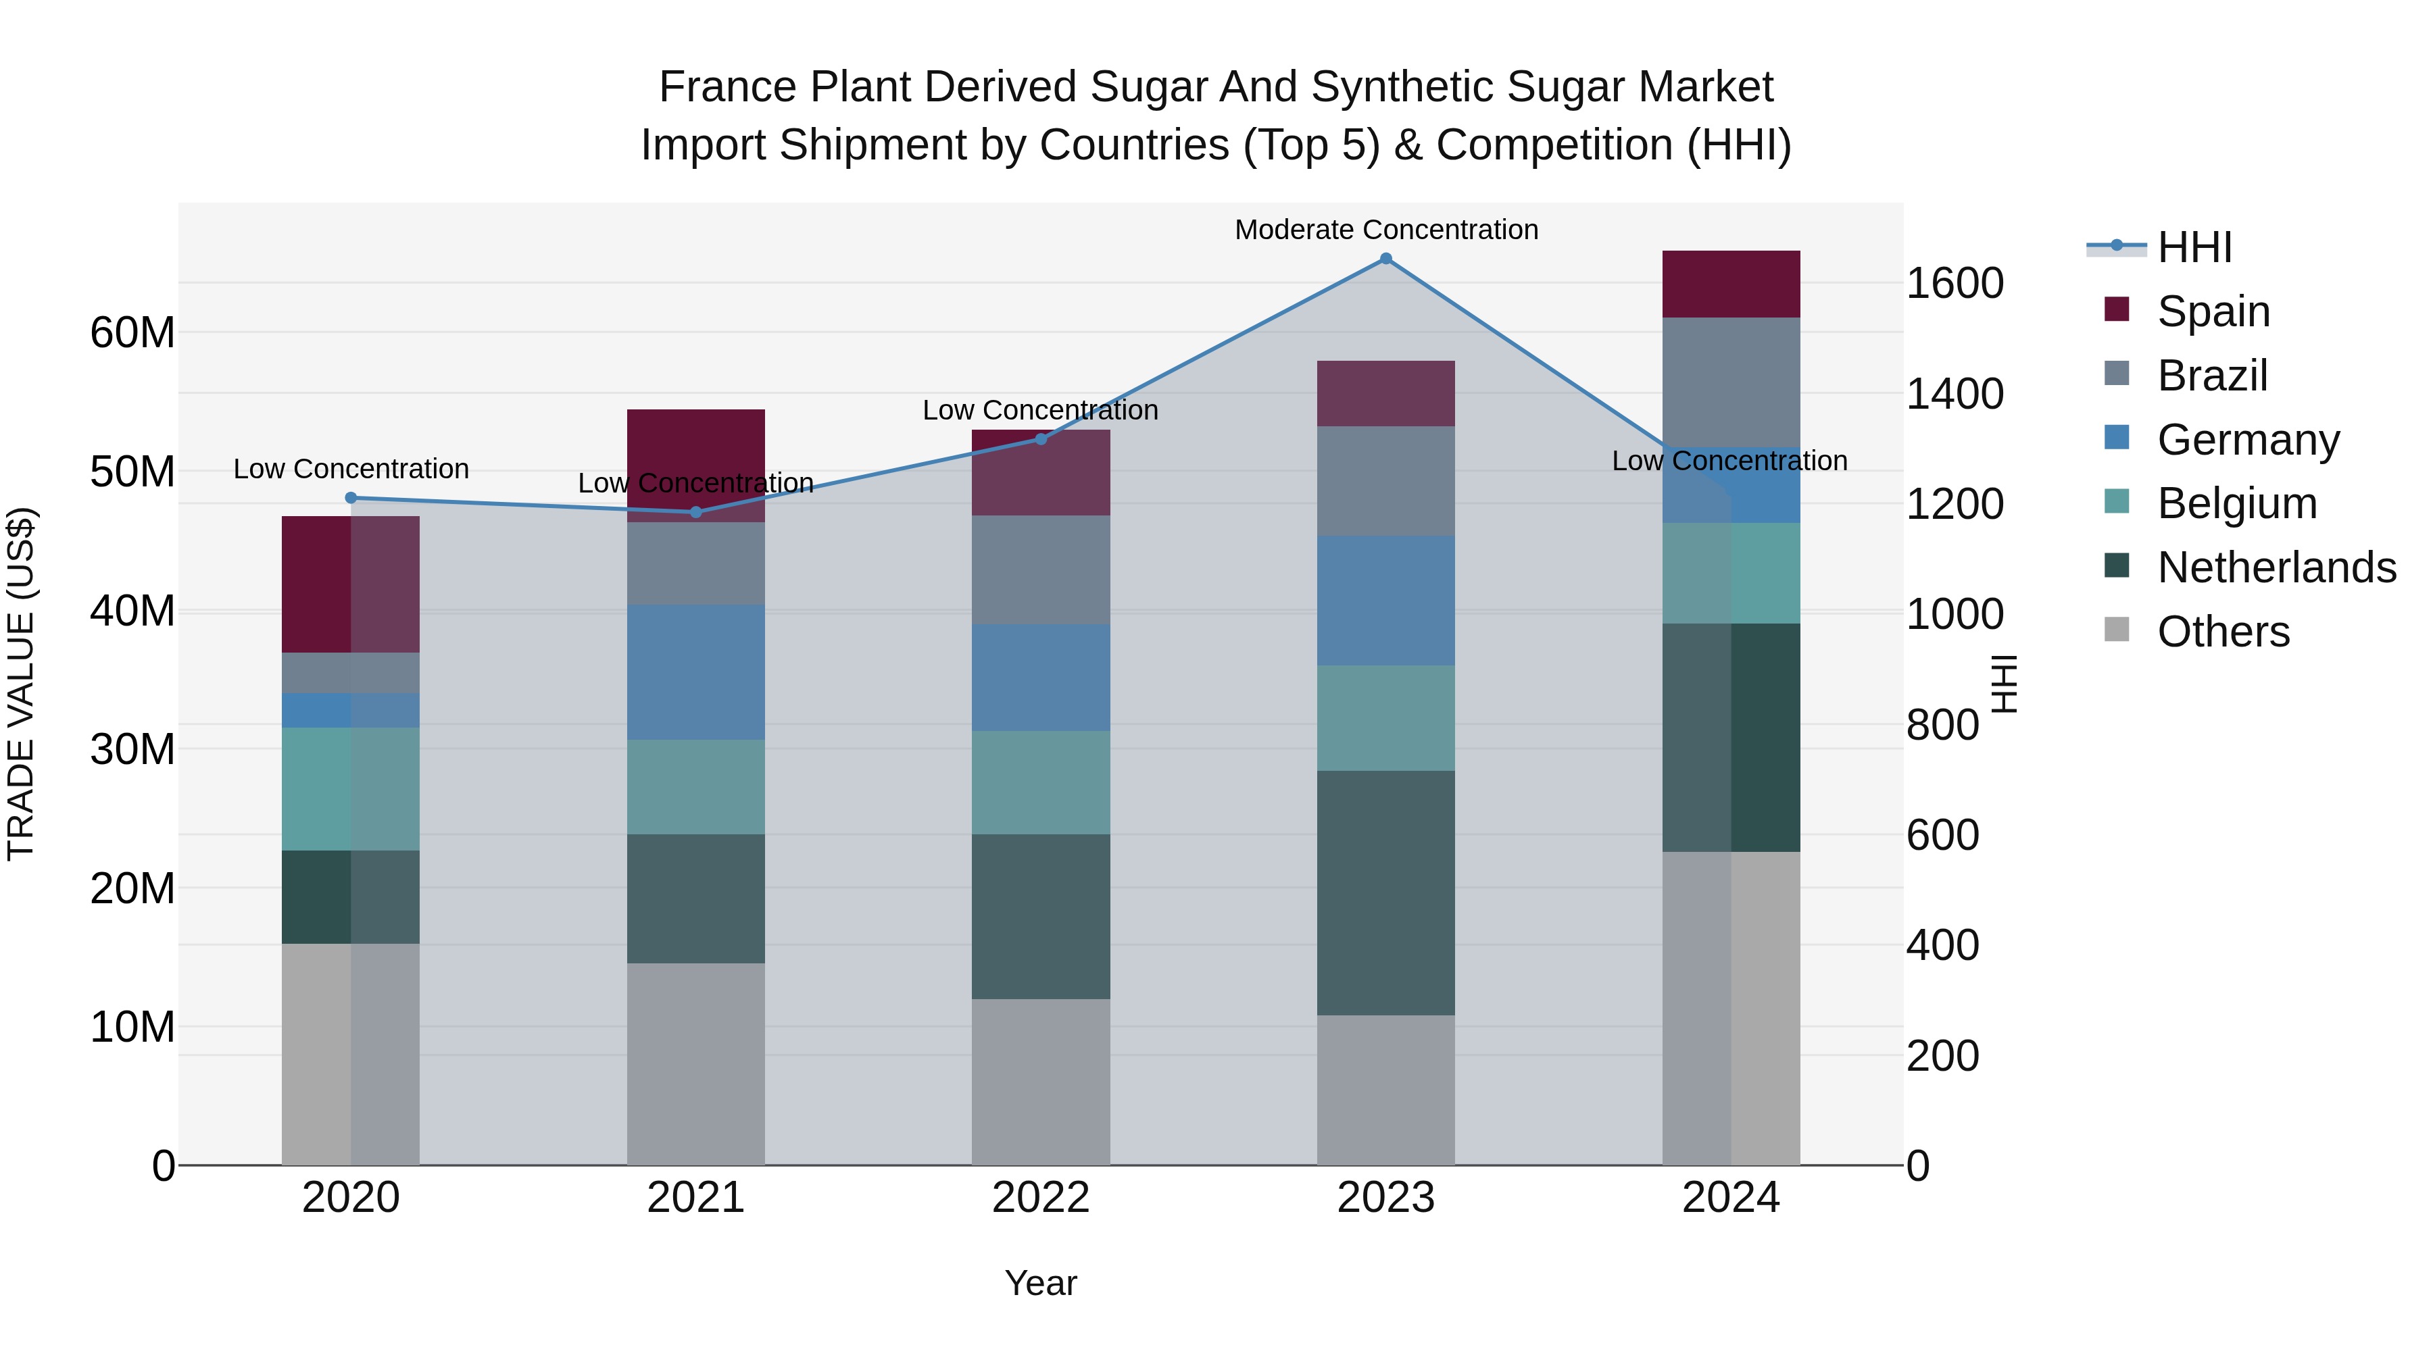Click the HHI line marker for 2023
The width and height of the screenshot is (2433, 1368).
1385,259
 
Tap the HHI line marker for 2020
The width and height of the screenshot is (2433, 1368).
350,497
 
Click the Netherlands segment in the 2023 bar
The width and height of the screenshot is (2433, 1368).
1385,892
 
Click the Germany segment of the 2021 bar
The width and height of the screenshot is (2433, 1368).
696,672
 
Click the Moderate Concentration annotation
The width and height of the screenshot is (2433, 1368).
1385,230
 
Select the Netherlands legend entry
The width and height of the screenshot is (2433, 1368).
2276,567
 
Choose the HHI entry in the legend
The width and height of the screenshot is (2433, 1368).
2194,247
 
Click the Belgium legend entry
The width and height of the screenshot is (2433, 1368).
2236,503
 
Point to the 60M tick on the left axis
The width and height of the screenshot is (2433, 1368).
132,332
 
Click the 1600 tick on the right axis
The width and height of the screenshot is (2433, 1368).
1954,283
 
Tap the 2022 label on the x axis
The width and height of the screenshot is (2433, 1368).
1041,1198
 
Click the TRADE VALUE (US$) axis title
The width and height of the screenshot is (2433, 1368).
22,684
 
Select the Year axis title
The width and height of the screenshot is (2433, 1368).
1041,1283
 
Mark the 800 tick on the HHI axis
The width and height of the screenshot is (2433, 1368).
1942,725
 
